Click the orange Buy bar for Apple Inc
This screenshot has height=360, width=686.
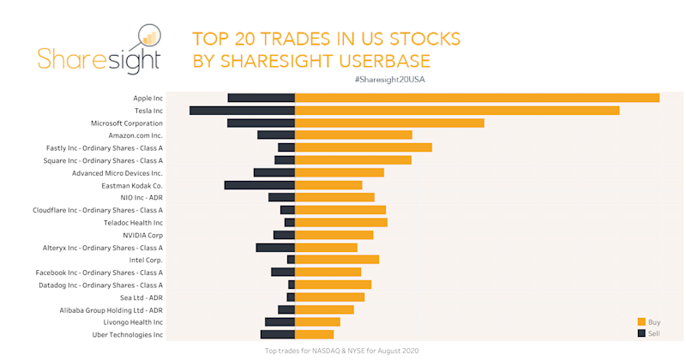click(477, 98)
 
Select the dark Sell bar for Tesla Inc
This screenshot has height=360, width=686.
click(242, 111)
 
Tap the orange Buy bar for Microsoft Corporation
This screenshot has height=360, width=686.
click(389, 123)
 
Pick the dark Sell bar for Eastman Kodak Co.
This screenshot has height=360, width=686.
click(259, 185)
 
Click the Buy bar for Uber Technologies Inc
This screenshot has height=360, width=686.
click(314, 334)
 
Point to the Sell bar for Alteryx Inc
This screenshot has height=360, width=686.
click(275, 247)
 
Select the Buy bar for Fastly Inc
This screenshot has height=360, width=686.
click(363, 147)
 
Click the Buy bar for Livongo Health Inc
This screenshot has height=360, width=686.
click(317, 321)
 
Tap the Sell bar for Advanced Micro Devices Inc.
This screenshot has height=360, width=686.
click(274, 172)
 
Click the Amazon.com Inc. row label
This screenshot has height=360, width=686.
click(135, 135)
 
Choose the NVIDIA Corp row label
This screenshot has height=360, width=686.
click(142, 235)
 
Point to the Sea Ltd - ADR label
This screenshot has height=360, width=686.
click(141, 297)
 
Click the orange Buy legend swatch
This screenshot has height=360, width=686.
click(641, 321)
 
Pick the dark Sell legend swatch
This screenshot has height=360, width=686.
click(641, 333)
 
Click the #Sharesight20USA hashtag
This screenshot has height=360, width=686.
click(389, 79)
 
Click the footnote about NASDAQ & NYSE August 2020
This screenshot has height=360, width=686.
click(342, 351)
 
